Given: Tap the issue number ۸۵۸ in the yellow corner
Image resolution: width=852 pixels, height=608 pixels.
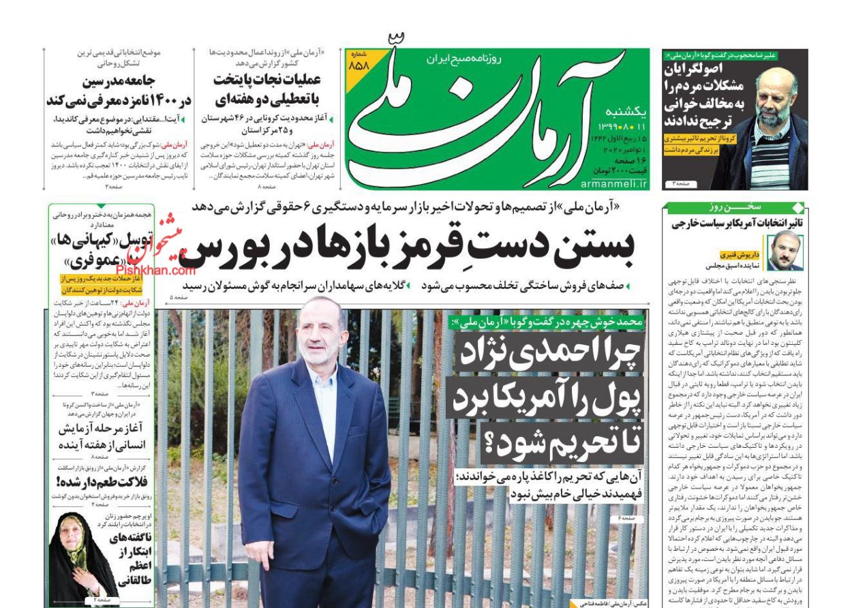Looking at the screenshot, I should pos(358,65).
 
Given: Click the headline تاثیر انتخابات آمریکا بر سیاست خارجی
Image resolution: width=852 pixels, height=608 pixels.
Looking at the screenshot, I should pos(734,223).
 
